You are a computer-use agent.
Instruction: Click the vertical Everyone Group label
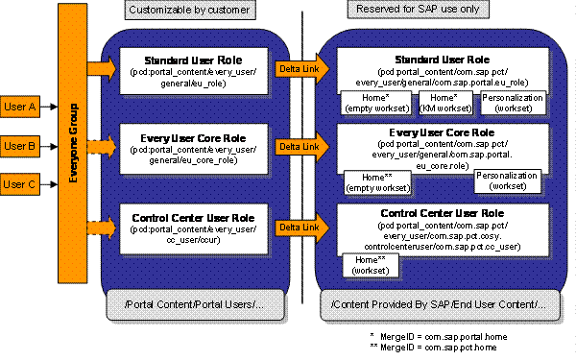point(69,144)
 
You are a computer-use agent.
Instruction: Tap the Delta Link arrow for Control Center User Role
point(294,228)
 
